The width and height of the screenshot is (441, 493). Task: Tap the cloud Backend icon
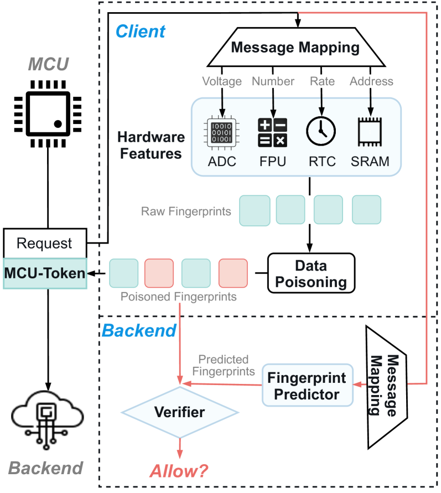point(48,414)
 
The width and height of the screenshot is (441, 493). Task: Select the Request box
point(45,243)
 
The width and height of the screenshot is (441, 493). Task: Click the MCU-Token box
point(45,273)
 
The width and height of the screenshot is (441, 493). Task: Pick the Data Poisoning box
point(311,272)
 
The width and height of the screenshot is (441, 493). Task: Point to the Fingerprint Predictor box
point(307,386)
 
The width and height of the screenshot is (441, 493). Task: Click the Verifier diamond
point(179,412)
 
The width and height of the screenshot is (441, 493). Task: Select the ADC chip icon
point(221,133)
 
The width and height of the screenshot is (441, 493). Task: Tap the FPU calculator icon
point(272,133)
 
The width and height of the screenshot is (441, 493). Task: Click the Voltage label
point(222,81)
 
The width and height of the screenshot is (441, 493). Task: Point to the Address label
point(371,81)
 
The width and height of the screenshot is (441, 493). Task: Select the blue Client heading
point(140,31)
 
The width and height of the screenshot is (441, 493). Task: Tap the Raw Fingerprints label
point(186,211)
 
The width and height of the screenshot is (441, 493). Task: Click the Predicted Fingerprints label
point(224,365)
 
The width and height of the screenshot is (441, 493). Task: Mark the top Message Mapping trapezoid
point(295,48)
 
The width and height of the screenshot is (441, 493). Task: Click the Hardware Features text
point(151,146)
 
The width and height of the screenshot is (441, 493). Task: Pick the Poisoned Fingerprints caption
point(178,297)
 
